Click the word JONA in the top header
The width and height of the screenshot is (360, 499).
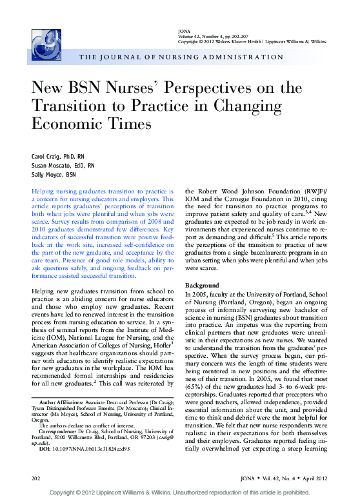(183, 31)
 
